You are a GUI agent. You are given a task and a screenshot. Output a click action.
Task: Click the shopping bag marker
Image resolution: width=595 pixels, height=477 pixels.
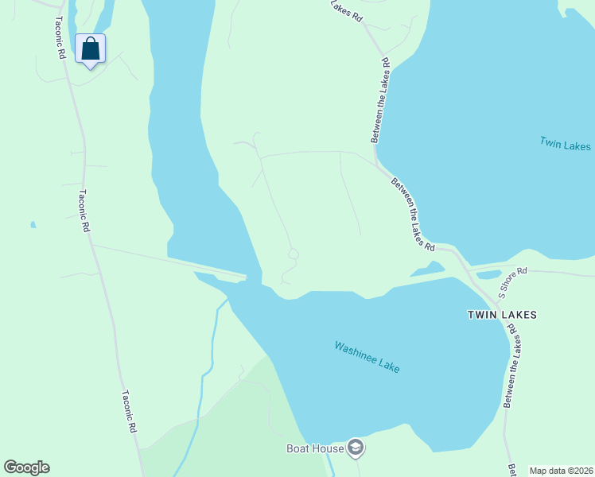coord(90,49)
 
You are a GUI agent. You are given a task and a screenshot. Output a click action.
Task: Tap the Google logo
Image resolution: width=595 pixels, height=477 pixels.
coord(26,467)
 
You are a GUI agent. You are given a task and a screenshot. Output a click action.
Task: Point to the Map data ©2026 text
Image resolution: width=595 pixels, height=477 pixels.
coord(561,471)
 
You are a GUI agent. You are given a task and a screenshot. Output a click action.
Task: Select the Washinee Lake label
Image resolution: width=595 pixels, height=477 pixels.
coord(367,357)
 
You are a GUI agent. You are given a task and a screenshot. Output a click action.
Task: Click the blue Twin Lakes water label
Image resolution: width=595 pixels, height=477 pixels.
coord(565,144)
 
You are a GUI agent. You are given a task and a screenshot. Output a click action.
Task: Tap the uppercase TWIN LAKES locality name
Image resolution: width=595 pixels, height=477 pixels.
coord(501,315)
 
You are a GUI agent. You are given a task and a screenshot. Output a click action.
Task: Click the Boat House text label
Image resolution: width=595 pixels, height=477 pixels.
coord(315,448)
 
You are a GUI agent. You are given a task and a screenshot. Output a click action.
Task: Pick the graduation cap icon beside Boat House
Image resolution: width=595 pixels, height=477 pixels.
coord(356,448)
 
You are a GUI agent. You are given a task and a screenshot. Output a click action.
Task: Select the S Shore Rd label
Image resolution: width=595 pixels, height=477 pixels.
coord(513,282)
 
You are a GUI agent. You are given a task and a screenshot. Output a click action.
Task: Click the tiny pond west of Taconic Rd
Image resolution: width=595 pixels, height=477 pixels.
coord(33,225)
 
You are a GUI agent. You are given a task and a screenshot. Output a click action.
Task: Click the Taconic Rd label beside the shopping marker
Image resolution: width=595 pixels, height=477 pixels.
coord(60,40)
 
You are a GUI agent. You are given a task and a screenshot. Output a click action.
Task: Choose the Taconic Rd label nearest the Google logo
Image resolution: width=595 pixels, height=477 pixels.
coord(130,410)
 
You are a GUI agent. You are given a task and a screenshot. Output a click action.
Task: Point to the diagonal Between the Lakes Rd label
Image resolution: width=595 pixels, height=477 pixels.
coord(413,213)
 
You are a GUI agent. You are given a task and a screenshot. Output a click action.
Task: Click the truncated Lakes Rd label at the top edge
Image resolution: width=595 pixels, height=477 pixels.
coord(347,10)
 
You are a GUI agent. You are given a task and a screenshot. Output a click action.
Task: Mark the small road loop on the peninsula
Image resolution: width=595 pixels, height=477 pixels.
coord(293,254)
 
